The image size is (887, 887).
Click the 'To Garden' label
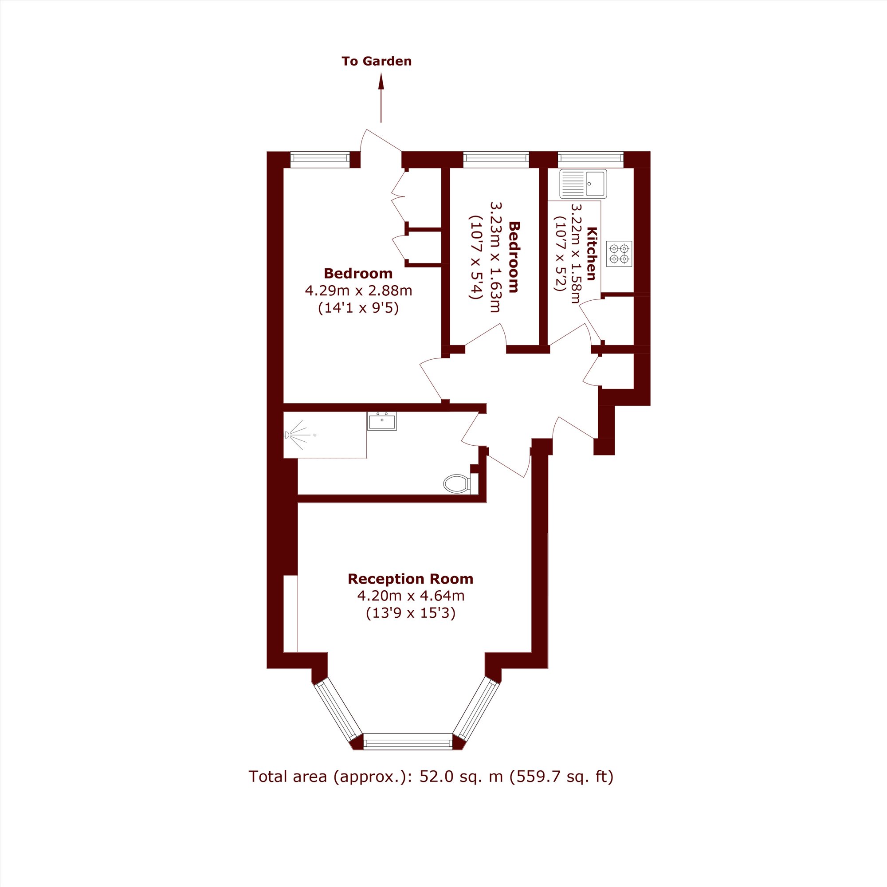click(x=377, y=62)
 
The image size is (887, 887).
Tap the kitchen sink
click(x=583, y=184)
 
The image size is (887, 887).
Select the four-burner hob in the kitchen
click(x=619, y=254)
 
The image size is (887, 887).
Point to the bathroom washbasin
click(x=381, y=421)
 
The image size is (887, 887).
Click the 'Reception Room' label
click(x=410, y=579)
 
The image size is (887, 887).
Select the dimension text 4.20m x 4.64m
click(x=411, y=596)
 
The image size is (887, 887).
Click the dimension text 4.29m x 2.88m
click(x=358, y=290)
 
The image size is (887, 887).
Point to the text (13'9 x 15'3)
click(x=411, y=613)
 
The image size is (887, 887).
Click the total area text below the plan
click(x=431, y=777)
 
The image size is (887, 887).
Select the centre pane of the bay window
click(x=408, y=742)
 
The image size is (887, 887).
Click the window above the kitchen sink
click(x=590, y=159)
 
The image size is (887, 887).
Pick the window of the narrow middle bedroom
click(x=496, y=159)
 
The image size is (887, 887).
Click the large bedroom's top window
click(x=320, y=159)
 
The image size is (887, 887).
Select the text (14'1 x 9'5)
click(x=358, y=308)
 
